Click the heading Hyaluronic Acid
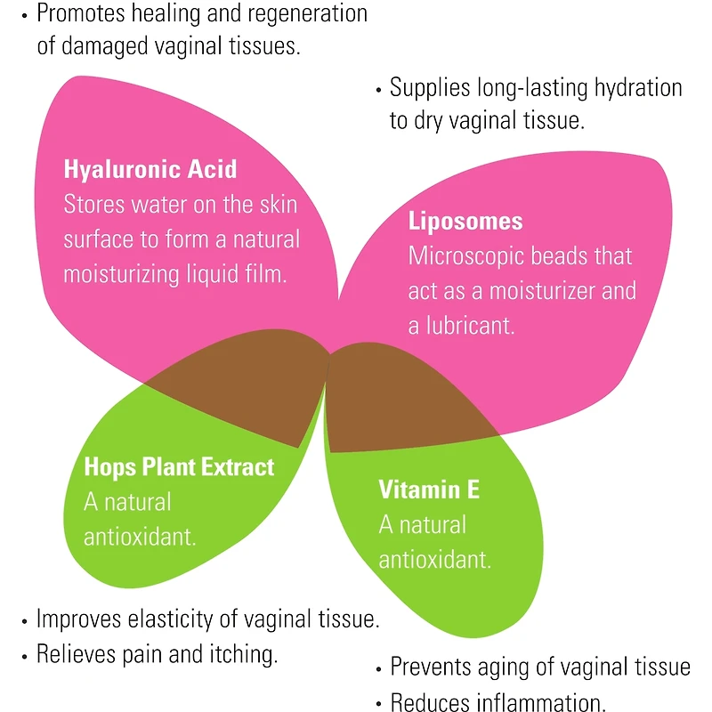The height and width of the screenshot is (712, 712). [x=150, y=169]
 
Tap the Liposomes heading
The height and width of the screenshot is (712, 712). [x=465, y=221]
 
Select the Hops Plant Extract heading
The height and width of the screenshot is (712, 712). [x=179, y=466]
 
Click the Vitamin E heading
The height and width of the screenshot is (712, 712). [x=430, y=489]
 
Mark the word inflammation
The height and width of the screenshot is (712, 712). [x=533, y=703]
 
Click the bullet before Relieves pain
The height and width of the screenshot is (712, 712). [x=24, y=656]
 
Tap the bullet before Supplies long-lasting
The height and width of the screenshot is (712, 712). [x=378, y=89]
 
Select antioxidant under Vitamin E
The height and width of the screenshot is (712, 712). [x=435, y=560]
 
